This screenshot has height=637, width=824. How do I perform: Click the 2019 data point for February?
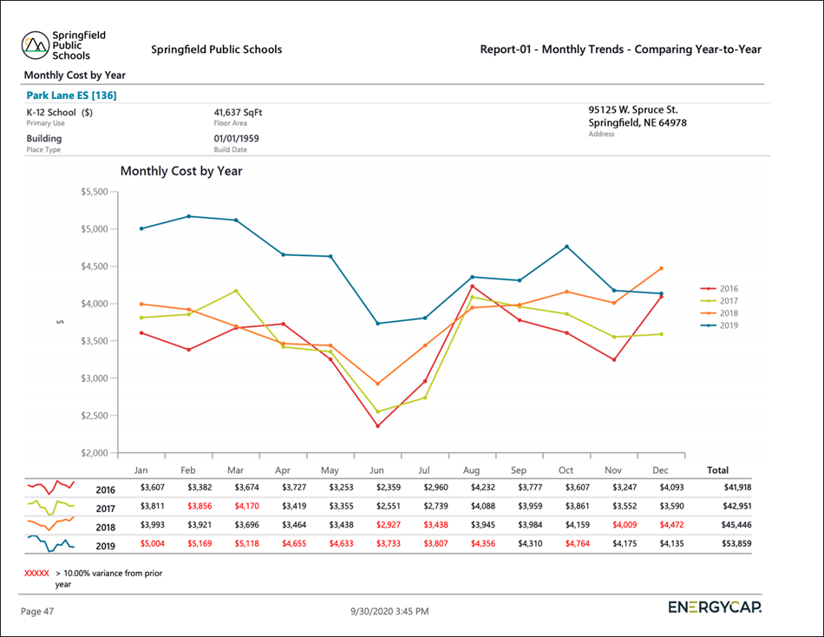coord(188,216)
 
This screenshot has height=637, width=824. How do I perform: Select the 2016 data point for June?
coord(377,425)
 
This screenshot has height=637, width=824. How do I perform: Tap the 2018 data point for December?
coord(660,268)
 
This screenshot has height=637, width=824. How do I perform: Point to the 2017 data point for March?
coord(235,291)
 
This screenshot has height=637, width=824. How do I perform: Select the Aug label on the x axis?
coord(472,470)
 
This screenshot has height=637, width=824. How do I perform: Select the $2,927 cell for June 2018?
coord(377,526)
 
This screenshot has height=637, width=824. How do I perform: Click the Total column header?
coord(718,470)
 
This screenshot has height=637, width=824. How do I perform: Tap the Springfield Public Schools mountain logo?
coord(35,44)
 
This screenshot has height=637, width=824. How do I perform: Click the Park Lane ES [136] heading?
coord(71,95)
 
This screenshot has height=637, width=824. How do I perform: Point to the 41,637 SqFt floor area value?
coord(238,112)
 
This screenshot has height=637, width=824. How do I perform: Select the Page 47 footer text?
coord(37,611)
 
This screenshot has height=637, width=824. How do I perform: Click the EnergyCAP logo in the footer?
coord(715,607)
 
